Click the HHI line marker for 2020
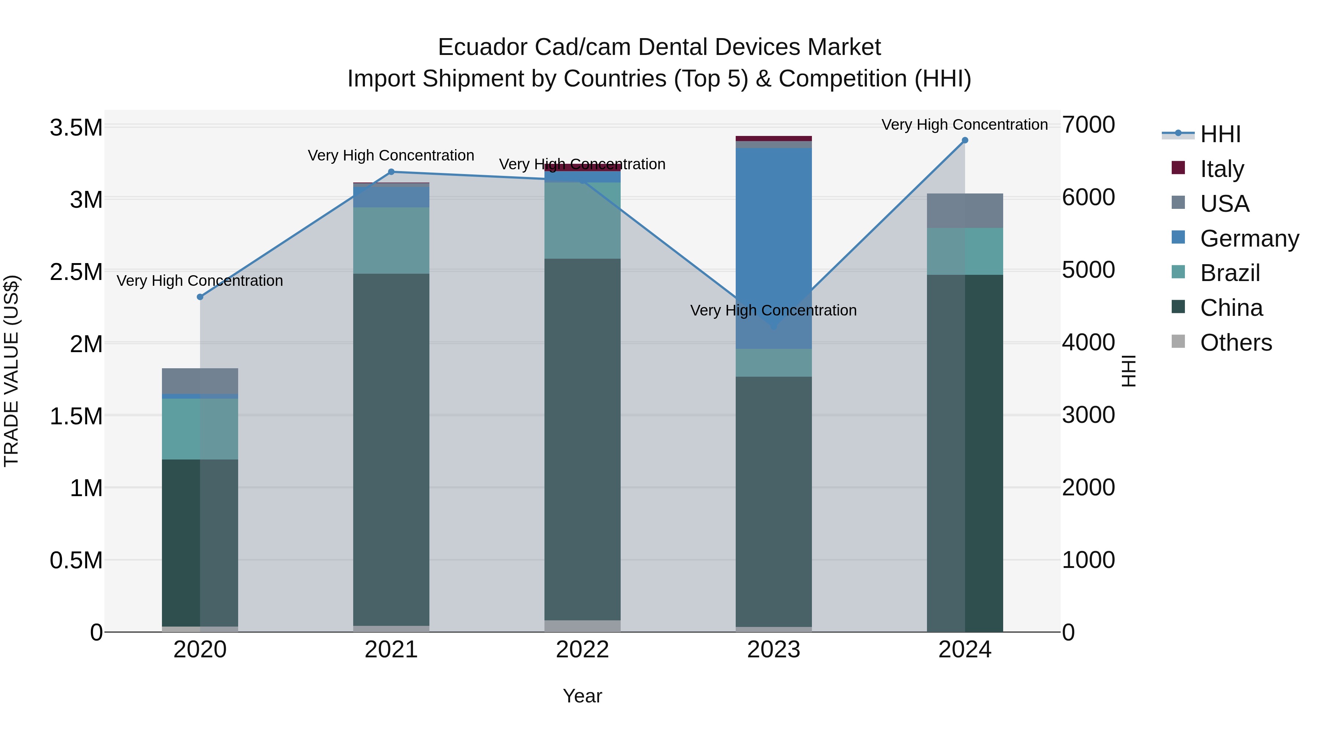pyautogui.click(x=200, y=297)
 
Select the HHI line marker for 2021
pyautogui.click(x=391, y=172)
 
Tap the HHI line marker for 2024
pyautogui.click(x=965, y=140)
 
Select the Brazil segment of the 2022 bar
pyautogui.click(x=582, y=220)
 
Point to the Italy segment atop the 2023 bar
pyautogui.click(x=774, y=138)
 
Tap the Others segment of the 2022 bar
pyautogui.click(x=582, y=626)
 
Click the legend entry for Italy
pyautogui.click(x=1222, y=169)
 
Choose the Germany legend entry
pyautogui.click(x=1249, y=238)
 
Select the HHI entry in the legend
pyautogui.click(x=1220, y=134)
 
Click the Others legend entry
pyautogui.click(x=1235, y=343)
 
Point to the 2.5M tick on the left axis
pyautogui.click(x=76, y=272)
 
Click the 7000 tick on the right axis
pyautogui.click(x=1088, y=125)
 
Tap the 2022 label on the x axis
pyautogui.click(x=582, y=650)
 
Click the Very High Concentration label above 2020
pyautogui.click(x=200, y=281)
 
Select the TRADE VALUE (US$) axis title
pyautogui.click(x=11, y=371)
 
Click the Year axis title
pyautogui.click(x=582, y=696)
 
